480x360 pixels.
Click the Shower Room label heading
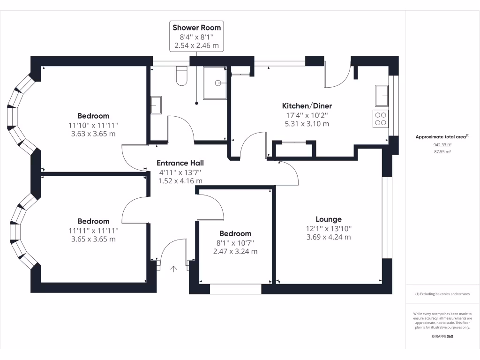coord(196,28)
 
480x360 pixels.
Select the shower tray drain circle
coord(217,83)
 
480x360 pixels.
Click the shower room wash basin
coord(156,105)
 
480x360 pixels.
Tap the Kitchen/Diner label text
coord(307,106)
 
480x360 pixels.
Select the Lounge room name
coord(328,219)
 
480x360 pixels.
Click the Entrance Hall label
coord(180,163)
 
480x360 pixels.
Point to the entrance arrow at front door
coord(173,269)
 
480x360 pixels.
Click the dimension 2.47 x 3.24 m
coord(235,251)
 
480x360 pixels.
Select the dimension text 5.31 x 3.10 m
coord(307,124)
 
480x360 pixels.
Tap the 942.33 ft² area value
coord(442,145)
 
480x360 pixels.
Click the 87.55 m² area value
coord(442,152)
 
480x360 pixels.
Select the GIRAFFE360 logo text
coord(442,336)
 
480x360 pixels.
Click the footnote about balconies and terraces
coord(442,294)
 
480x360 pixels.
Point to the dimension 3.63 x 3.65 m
coord(93,134)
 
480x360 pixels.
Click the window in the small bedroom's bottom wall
coord(235,289)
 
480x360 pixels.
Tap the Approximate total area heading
coord(442,137)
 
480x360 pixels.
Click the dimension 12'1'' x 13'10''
coord(328,228)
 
